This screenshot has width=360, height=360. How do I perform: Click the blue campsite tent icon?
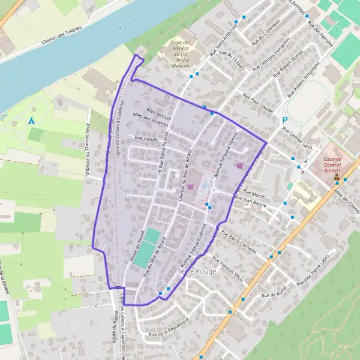[x=31, y=121]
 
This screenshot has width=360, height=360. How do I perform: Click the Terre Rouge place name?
[x=195, y=272]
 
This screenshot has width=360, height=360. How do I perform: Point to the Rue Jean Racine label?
[x=248, y=204]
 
